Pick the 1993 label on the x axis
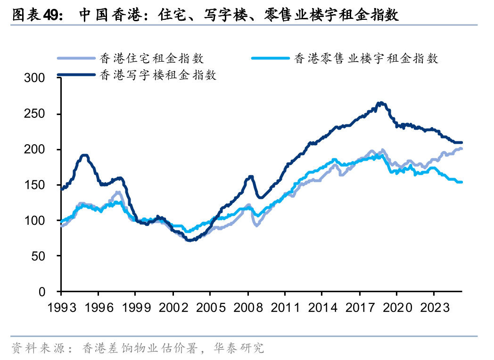click(x=61, y=307)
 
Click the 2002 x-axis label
click(x=173, y=307)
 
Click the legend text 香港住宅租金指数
click(x=152, y=58)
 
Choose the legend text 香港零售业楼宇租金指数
click(x=366, y=58)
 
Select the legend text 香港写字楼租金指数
click(x=158, y=74)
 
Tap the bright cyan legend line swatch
click(x=270, y=58)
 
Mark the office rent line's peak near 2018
click(x=380, y=103)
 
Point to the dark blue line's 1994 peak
click(x=85, y=155)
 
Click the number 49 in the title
click(x=51, y=16)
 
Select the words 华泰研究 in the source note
click(x=245, y=348)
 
